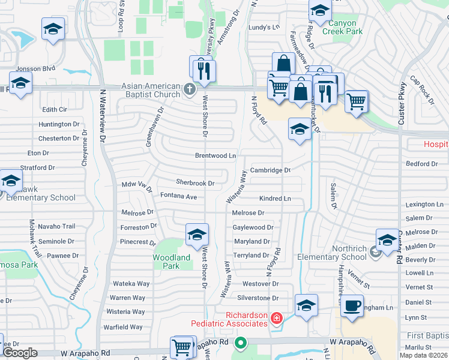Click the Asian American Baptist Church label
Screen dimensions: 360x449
[x=151, y=90]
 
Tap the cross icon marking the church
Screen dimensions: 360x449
[x=190, y=90]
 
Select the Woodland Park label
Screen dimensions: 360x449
[x=171, y=262]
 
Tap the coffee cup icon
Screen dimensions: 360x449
[x=352, y=305]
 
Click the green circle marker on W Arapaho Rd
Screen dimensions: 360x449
[x=241, y=344]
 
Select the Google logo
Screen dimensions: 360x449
[x=20, y=352]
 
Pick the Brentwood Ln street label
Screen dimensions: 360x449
[x=215, y=155]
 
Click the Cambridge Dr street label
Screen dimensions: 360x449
[x=270, y=170]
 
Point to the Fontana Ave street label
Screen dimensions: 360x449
[x=178, y=196]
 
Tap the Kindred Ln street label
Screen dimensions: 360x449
[x=275, y=199]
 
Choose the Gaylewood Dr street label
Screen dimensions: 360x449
[x=253, y=227]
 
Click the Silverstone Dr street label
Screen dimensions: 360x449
[x=259, y=298]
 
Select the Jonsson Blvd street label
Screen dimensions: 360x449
[x=36, y=69]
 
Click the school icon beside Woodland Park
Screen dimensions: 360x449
[x=197, y=235]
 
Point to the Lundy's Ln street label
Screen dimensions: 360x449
[x=265, y=27]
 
